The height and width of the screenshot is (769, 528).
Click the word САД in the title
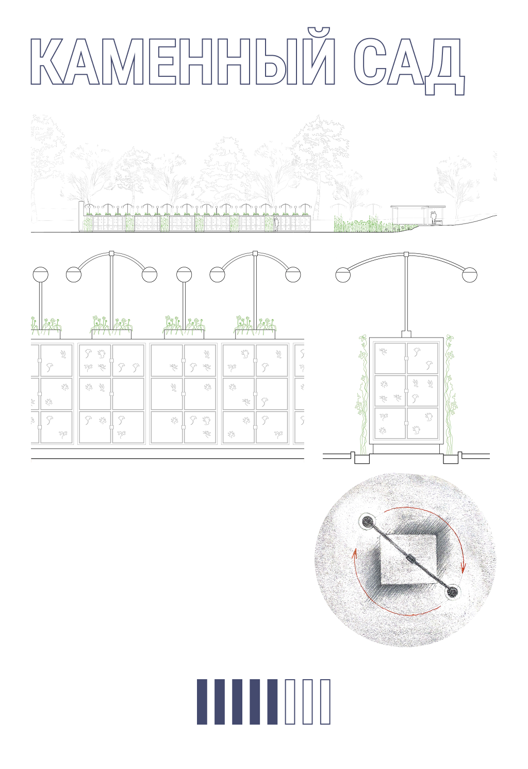[x=409, y=65]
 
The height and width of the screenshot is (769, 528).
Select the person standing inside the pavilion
[x=434, y=218]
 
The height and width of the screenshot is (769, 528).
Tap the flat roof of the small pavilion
[x=418, y=207]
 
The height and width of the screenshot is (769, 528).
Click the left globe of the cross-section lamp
[x=343, y=275]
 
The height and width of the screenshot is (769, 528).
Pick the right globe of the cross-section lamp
[x=470, y=275]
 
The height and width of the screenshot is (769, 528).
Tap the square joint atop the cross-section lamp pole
[x=406, y=254]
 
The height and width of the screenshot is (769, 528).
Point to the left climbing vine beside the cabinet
[x=363, y=395]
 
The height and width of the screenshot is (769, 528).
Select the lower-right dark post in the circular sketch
[x=453, y=592]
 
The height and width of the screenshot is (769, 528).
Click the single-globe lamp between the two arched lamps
[x=184, y=299]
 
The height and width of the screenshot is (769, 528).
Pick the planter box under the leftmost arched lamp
[x=111, y=334]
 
